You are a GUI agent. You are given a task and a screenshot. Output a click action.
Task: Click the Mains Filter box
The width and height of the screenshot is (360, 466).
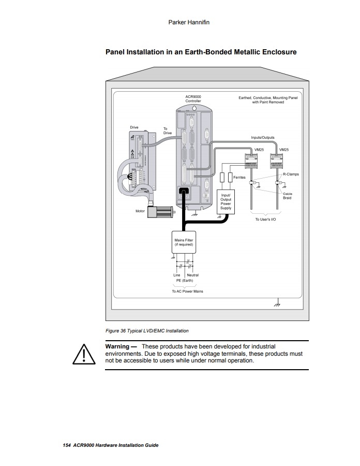click(x=184, y=242)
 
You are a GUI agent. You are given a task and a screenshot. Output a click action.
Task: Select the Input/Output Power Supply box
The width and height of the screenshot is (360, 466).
click(x=226, y=202)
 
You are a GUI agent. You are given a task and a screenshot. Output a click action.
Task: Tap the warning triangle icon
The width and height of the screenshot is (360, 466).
click(x=84, y=354)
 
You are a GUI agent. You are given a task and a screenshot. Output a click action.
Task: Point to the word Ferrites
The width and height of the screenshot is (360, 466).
click(x=239, y=178)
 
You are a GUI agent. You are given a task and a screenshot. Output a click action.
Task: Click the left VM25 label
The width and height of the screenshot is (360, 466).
click(x=259, y=150)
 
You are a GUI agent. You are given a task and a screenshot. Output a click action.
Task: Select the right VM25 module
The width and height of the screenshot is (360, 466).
click(x=276, y=161)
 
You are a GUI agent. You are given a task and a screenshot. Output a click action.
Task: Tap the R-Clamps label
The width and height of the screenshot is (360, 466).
click(x=291, y=174)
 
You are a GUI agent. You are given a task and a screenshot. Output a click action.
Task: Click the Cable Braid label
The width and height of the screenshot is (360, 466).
click(x=287, y=196)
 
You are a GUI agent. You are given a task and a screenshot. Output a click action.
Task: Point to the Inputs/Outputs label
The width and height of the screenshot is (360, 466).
click(x=263, y=138)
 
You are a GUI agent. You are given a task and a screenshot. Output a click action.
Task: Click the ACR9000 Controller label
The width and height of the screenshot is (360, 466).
click(x=193, y=99)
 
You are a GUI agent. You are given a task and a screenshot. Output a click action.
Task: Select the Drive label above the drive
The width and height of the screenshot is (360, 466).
click(x=134, y=127)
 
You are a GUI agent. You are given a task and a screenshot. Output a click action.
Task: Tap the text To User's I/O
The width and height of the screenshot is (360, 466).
click(x=266, y=220)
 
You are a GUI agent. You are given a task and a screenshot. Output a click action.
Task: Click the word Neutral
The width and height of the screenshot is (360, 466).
click(x=192, y=275)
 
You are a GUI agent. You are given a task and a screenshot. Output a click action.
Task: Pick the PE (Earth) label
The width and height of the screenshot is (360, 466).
click(x=185, y=281)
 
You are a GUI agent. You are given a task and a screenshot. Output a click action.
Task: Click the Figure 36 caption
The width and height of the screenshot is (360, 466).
click(x=147, y=331)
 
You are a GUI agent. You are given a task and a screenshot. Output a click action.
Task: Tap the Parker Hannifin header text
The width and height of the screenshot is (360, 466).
click(x=189, y=22)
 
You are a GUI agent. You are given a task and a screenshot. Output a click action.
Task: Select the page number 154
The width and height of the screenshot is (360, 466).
click(x=67, y=445)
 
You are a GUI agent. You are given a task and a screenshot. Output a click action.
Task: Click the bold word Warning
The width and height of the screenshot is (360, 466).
click(x=117, y=346)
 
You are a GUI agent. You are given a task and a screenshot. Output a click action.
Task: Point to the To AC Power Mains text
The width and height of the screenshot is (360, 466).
click(x=187, y=291)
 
